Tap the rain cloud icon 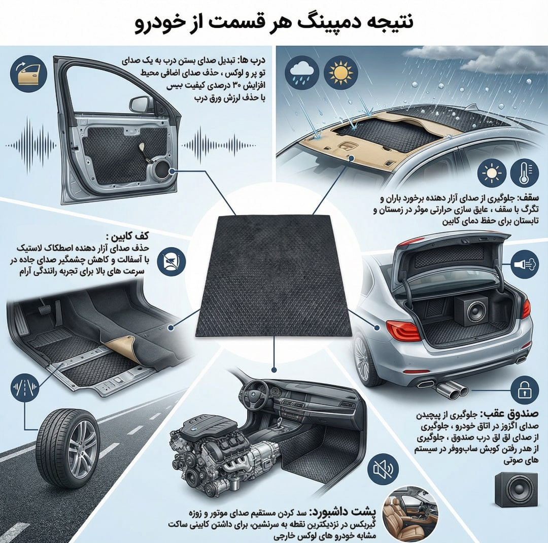[x=302, y=74]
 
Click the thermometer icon [x=524, y=173]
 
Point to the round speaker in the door [x=163, y=171]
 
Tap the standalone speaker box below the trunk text [x=517, y=490]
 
